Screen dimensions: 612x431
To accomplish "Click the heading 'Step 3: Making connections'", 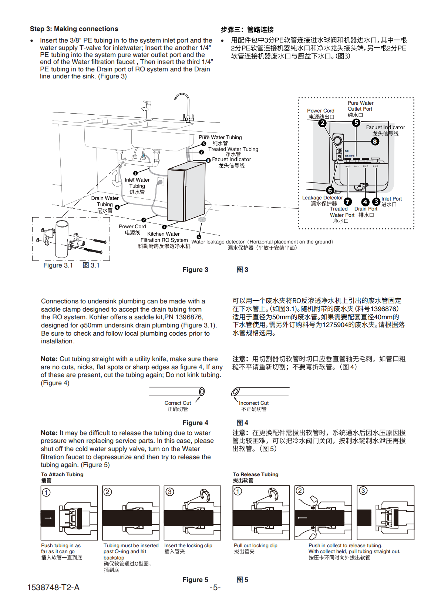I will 74,29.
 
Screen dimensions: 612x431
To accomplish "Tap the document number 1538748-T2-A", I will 53,587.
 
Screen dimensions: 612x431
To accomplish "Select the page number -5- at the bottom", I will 215,588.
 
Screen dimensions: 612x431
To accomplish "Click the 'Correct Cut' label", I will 178,403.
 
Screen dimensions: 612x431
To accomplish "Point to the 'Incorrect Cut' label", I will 253,403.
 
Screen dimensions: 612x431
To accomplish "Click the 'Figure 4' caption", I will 195,423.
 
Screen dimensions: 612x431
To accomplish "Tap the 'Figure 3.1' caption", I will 58,265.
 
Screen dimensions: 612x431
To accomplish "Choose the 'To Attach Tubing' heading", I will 62,474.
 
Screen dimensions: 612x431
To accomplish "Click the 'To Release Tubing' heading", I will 255,474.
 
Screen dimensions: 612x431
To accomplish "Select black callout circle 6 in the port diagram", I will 330,190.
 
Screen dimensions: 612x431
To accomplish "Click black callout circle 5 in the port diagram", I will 356,122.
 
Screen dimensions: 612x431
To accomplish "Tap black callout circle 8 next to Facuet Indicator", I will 375,141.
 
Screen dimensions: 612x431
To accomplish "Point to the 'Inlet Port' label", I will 391,199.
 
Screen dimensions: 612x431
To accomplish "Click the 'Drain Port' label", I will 366,209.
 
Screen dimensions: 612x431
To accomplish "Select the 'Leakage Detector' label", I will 322,198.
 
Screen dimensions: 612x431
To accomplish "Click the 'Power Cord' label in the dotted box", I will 320,111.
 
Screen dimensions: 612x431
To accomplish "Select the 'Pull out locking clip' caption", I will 255,545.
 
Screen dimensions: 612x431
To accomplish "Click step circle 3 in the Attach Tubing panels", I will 170,492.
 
